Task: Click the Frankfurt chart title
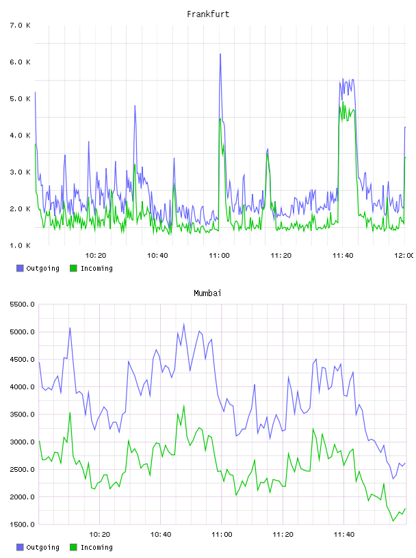pos(208,14)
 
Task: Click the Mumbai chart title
pos(207,293)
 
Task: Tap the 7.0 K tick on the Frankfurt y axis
pos(21,25)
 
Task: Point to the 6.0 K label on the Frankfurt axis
pos(21,62)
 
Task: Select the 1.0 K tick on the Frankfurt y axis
pos(21,245)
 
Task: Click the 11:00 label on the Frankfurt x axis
pos(219,256)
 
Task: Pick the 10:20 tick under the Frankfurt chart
pos(96,256)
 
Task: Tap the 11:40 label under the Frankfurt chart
pos(343,256)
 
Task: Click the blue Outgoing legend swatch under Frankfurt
pos(20,268)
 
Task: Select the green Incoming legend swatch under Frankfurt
pos(73,268)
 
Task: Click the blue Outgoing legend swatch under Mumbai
pos(20,547)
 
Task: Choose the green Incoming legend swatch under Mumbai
pos(73,547)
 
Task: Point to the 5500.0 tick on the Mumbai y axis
pos(22,304)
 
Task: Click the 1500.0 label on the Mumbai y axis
pos(22,524)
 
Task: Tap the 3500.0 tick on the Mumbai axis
pos(22,414)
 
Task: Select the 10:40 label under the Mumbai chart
pos(161,535)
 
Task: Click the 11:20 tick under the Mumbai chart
pos(283,535)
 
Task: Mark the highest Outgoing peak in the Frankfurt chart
pos(220,54)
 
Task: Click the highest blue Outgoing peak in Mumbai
pos(184,324)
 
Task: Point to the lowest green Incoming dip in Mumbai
pos(393,521)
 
